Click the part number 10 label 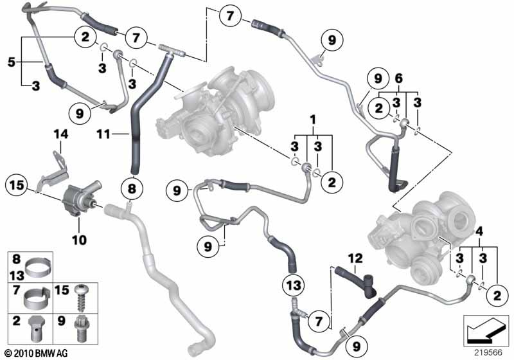coord(79,240)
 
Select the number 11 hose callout coord(103,134)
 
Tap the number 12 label coord(355,258)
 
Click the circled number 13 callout coord(294,285)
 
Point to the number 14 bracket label coord(61,134)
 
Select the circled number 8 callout coord(132,188)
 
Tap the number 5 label coord(12,62)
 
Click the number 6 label coord(398,78)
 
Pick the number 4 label coord(479,231)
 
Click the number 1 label coord(313,120)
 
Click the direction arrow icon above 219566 coord(486,331)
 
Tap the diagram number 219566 coord(488,352)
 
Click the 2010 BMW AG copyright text coord(37,354)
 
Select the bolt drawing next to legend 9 coord(81,328)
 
